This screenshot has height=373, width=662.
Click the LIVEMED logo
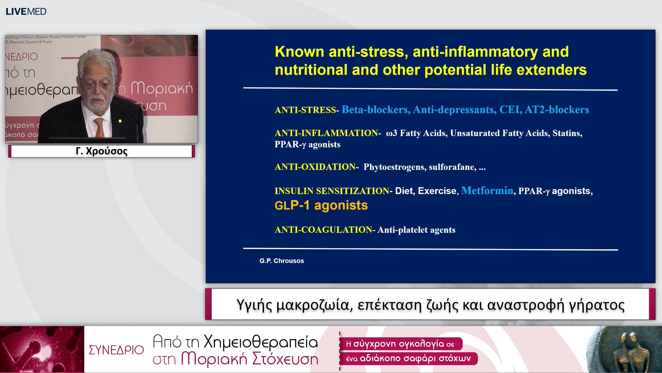coord(26,11)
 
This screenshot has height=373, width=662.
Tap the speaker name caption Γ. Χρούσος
coord(101,151)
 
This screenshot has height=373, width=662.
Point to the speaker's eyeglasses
coord(97,84)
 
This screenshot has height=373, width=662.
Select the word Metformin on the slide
coord(487,191)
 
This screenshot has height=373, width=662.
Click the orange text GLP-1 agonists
coord(321,205)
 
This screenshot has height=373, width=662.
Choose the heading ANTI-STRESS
coord(305,110)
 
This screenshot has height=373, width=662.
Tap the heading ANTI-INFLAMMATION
coord(326,133)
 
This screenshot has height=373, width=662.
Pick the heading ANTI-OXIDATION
coord(315,167)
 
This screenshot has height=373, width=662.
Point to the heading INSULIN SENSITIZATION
coord(332,191)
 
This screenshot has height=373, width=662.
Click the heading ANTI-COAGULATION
coord(323,230)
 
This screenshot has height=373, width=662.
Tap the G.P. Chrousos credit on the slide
coord(282,261)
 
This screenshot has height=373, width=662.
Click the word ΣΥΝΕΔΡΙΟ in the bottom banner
coord(116,350)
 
